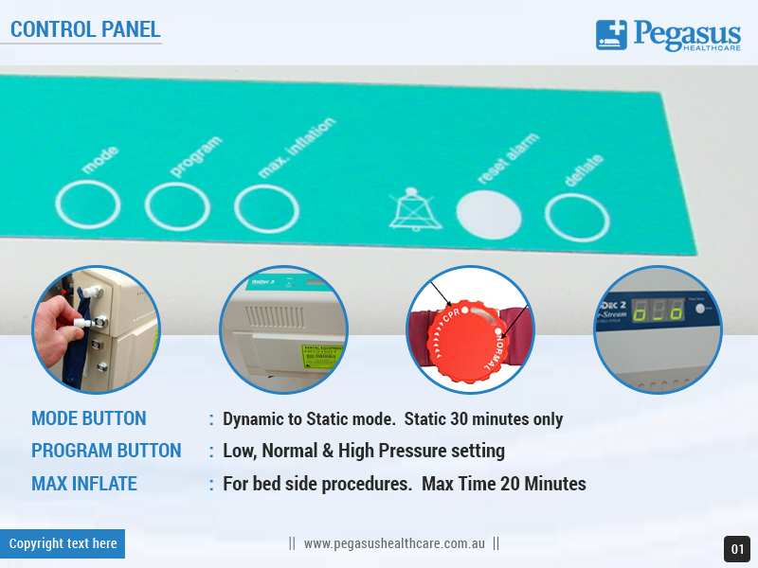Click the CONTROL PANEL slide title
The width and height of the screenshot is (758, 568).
click(x=85, y=28)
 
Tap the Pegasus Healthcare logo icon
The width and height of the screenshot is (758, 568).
click(x=611, y=35)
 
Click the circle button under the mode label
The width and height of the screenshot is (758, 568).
click(x=88, y=205)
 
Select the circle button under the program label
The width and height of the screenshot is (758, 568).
click(x=177, y=206)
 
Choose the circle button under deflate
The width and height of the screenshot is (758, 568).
click(x=577, y=218)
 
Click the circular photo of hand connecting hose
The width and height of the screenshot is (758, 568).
click(x=96, y=329)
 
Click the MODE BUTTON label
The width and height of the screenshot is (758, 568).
click(x=89, y=418)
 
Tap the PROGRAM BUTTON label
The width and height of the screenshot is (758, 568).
click(x=106, y=451)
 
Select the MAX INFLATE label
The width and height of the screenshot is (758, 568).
click(x=84, y=484)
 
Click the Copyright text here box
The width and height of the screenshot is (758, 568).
click(x=63, y=543)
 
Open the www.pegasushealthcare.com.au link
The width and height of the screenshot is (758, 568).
click(x=394, y=544)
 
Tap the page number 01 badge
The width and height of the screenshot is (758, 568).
click(x=737, y=549)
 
